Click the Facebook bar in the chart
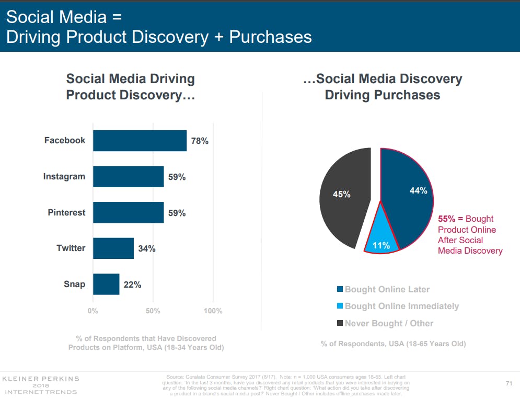point(140,141)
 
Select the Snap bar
point(106,285)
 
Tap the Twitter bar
point(113,248)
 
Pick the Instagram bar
point(128,177)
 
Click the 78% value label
point(200,141)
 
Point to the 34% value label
point(147,249)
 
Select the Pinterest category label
point(66,213)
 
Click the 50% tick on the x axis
point(153,311)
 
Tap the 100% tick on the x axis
point(213,311)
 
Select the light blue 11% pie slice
point(382,238)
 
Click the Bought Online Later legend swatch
point(340,290)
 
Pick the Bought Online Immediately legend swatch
point(340,306)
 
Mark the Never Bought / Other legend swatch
point(340,323)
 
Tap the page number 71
point(509,383)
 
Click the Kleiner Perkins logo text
point(40,378)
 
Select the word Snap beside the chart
point(75,285)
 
